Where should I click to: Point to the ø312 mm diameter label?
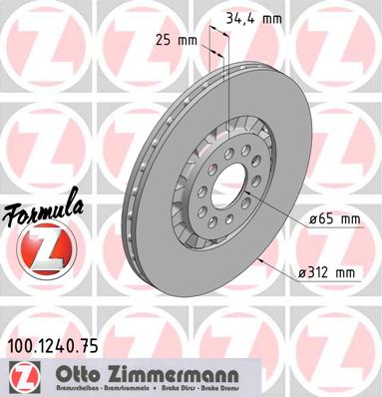(x=329, y=271)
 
